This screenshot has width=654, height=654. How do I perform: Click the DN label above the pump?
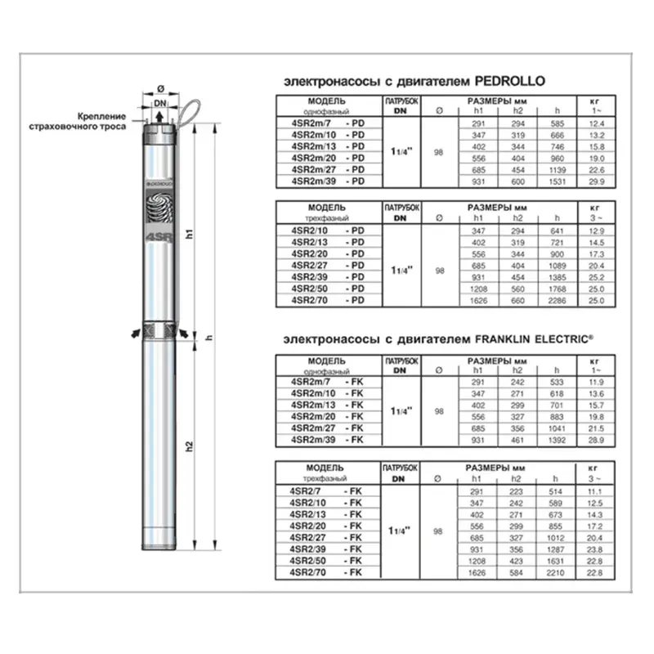tap(160, 102)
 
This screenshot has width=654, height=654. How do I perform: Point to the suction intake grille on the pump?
tap(160, 332)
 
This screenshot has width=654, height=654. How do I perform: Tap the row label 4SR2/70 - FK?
tap(327, 573)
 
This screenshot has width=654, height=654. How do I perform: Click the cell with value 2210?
tap(556, 573)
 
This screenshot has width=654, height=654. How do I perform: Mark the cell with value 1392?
tap(556, 440)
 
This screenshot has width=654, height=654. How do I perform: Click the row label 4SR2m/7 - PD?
tap(327, 123)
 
